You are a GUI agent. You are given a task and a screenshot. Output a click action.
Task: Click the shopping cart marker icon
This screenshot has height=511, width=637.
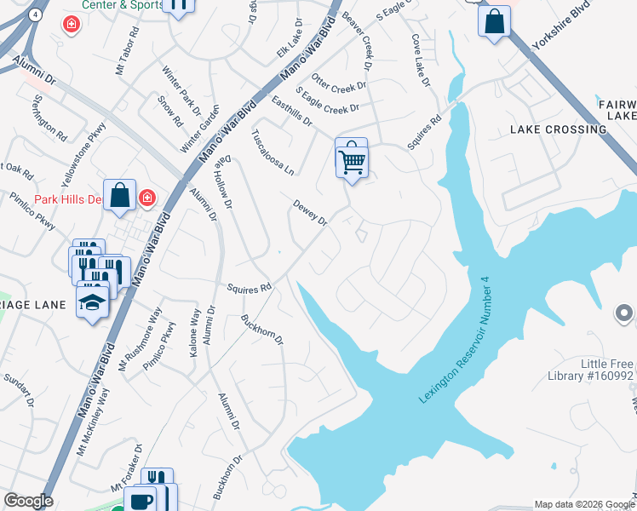(352, 158)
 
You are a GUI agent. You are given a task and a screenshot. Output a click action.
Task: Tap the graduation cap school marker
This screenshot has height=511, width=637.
(93, 302)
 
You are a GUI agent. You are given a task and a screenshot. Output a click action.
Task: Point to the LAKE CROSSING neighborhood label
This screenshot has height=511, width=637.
(558, 129)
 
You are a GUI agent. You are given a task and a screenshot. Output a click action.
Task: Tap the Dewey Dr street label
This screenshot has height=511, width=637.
(310, 213)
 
